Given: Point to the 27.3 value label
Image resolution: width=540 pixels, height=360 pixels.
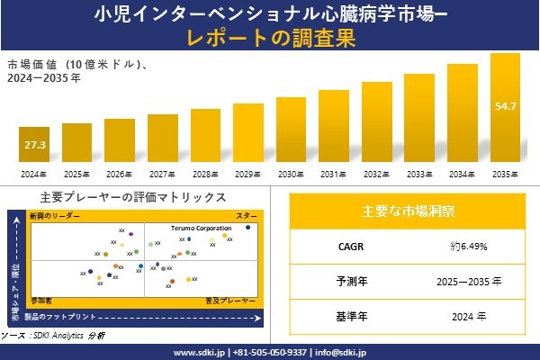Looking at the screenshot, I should (x=34, y=145).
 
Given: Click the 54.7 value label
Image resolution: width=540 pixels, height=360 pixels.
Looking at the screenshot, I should (x=506, y=107).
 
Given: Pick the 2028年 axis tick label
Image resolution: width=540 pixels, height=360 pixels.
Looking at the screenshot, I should (x=205, y=174).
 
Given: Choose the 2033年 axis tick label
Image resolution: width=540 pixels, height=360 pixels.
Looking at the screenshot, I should (x=419, y=174).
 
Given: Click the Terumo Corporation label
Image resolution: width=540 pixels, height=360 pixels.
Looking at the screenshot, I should (x=201, y=229).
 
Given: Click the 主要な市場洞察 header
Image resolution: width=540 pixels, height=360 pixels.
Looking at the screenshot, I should (x=408, y=211).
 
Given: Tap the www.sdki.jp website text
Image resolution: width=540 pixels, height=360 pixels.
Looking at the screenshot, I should (x=198, y=352).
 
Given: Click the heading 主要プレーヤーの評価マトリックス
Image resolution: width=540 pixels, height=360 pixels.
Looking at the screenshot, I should (x=133, y=197).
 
